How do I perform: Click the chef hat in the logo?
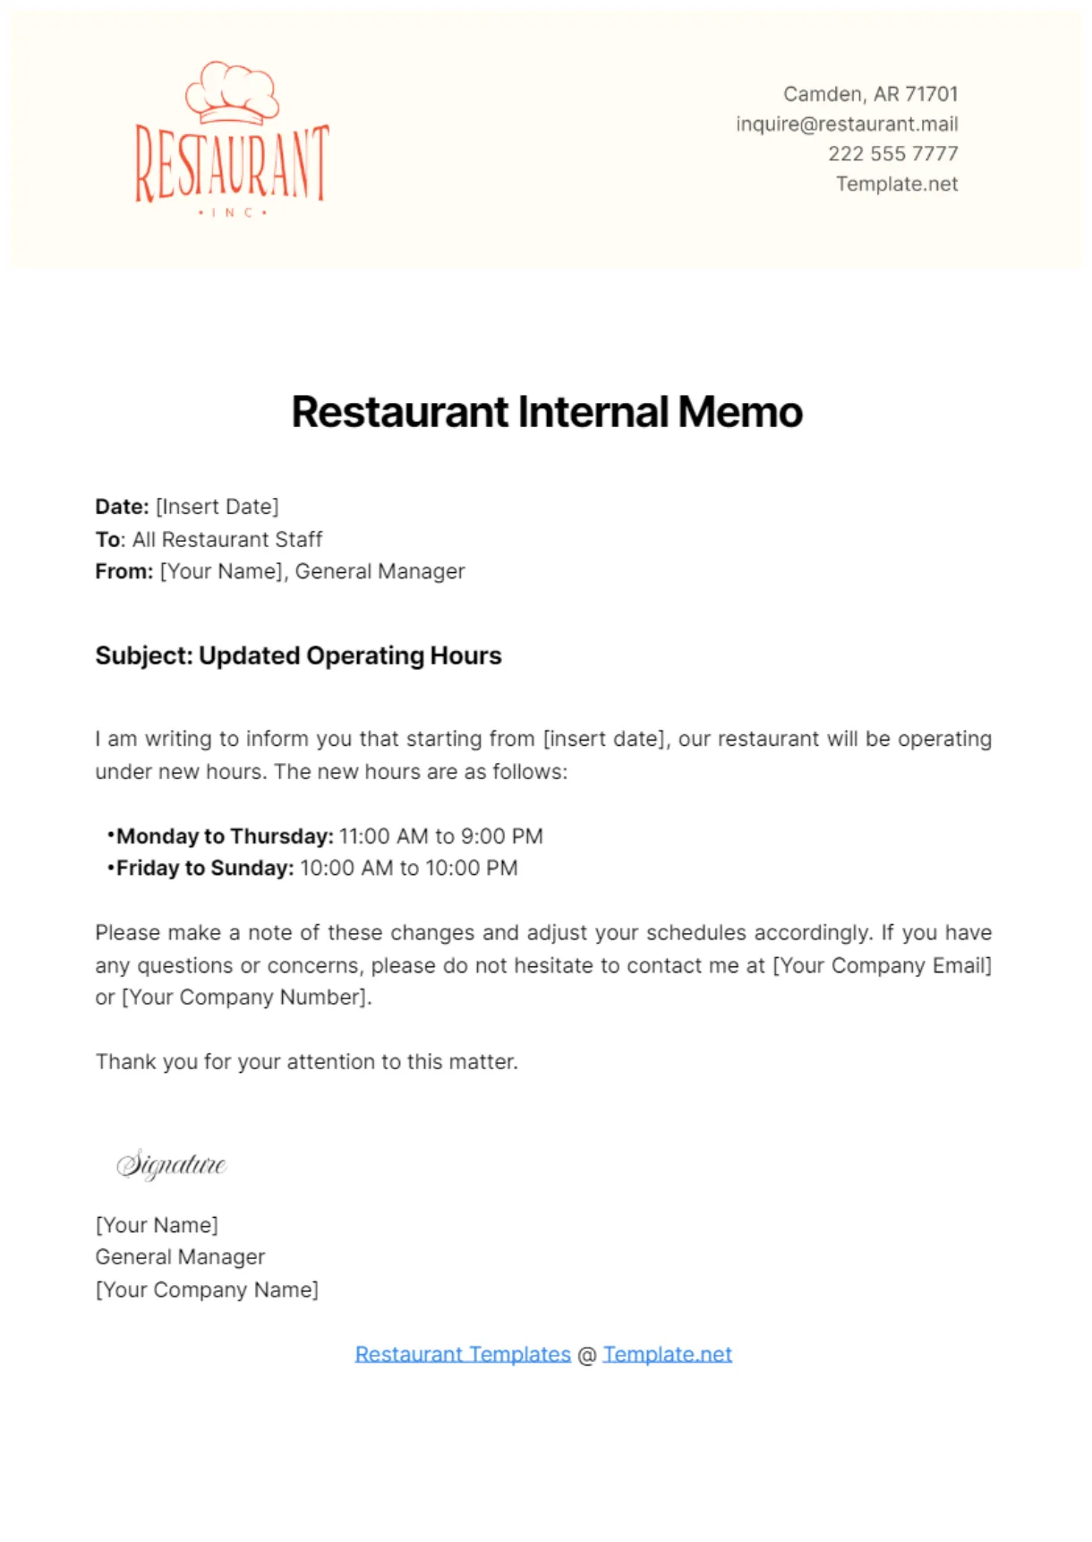pos(232,91)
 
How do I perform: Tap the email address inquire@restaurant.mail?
pos(847,124)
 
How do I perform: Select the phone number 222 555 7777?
pos(892,154)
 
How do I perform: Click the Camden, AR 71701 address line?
pos(870,94)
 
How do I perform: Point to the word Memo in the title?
pos(740,413)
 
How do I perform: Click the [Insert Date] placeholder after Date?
pos(218,507)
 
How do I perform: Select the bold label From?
pos(124,571)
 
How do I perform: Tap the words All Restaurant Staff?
pos(227,539)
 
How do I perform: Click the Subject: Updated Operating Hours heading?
pos(298,655)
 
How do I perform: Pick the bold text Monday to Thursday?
pos(225,836)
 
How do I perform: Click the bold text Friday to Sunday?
pos(205,868)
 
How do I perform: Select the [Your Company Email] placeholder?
pos(882,965)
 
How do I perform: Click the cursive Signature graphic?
pos(171,1164)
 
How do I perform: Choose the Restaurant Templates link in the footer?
pos(463,1354)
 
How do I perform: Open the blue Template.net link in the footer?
pos(667,1354)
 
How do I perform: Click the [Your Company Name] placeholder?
pos(207,1289)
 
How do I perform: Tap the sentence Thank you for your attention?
pos(306,1062)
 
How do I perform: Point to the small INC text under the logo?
pos(232,213)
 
